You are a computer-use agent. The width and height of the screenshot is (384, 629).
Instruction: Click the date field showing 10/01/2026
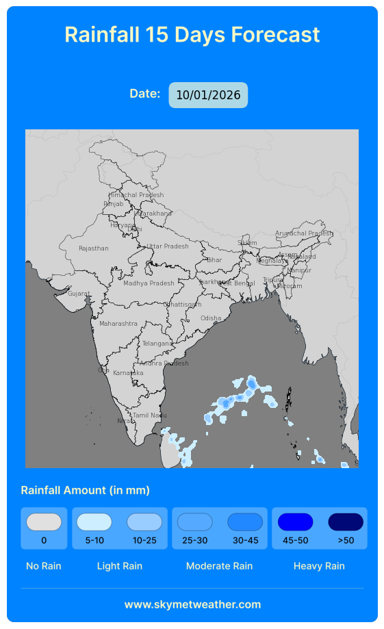tap(208, 95)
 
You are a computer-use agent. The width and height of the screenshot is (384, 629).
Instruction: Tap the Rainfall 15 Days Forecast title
tap(192, 34)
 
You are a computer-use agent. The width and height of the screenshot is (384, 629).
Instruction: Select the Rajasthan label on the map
tap(94, 248)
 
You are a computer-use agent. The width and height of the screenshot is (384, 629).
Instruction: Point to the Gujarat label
tap(79, 294)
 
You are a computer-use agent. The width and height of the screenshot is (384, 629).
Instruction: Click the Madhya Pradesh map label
tap(149, 283)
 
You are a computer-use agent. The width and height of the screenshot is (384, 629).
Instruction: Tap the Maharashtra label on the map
tap(118, 324)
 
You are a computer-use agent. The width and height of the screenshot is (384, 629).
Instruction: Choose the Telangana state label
tap(158, 344)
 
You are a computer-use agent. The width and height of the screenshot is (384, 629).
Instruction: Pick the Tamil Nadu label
tap(149, 415)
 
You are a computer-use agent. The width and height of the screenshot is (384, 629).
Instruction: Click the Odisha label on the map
tap(211, 318)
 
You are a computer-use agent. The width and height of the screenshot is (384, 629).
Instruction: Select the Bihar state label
tap(214, 260)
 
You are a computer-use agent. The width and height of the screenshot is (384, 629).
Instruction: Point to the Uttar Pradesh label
tap(168, 246)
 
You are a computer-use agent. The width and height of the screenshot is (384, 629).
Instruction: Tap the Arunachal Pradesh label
tap(304, 233)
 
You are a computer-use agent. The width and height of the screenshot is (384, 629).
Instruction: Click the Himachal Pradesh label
tap(136, 195)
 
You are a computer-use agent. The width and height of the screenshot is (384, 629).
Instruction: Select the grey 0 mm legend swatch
tap(44, 522)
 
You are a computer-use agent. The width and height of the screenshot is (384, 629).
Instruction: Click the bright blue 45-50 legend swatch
tap(295, 522)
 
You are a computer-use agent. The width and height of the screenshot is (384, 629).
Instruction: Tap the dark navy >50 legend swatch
tap(346, 522)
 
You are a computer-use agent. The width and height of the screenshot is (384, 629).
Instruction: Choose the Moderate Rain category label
tap(219, 566)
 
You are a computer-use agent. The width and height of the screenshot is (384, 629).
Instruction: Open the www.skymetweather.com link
tap(192, 604)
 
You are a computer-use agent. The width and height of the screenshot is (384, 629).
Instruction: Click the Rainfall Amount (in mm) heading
tap(86, 490)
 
